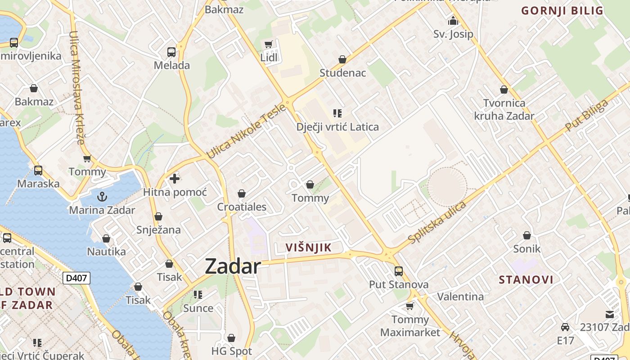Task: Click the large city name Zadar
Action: (233, 266)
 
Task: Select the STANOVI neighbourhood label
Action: (526, 280)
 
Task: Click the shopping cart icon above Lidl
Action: (269, 44)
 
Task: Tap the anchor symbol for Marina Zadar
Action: (102, 197)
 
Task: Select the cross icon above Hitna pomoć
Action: (175, 179)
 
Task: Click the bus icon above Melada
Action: (171, 52)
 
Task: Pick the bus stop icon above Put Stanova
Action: (399, 271)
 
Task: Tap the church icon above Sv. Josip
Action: (453, 21)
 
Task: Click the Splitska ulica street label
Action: (436, 223)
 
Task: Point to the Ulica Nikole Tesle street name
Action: (246, 131)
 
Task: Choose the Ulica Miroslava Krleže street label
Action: (77, 87)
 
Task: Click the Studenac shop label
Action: (343, 73)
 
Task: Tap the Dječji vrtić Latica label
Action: (337, 127)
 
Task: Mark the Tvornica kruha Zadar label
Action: (504, 109)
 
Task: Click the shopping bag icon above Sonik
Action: (527, 235)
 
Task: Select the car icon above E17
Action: (565, 327)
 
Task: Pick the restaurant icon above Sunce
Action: (198, 295)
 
